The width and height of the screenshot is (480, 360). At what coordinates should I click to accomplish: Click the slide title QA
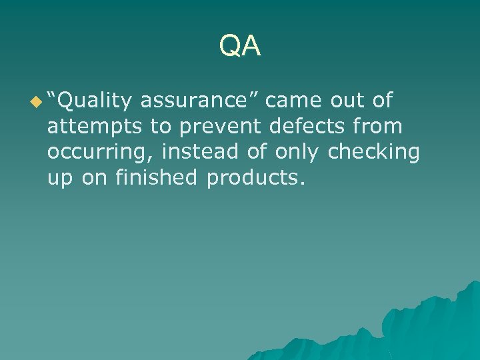240,46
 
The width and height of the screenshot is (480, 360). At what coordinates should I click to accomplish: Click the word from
378,126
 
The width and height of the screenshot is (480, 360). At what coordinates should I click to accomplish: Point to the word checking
375,152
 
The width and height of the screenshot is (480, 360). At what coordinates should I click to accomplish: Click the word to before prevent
161,127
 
